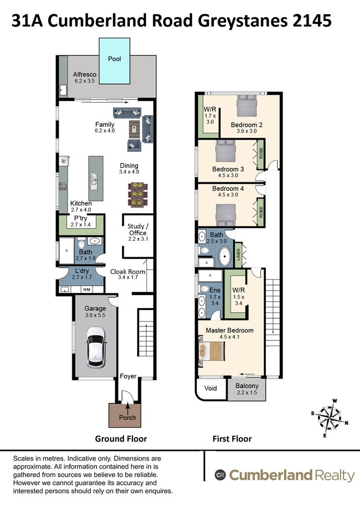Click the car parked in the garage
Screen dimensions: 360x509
[x=95, y=347]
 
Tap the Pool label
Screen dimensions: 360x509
[x=114, y=59]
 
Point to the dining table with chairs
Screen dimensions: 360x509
[x=138, y=195]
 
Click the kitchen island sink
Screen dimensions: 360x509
[x=94, y=180]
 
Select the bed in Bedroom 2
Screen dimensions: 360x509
[x=247, y=105]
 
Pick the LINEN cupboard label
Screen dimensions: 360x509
[x=238, y=255]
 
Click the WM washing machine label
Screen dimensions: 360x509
[x=87, y=289]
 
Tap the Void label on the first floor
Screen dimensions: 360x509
[x=210, y=388]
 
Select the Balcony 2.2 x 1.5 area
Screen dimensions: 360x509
[x=247, y=389]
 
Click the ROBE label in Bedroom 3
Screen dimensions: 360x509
[x=261, y=154]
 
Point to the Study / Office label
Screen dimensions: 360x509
[x=138, y=230]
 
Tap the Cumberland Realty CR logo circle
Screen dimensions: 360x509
[x=220, y=475]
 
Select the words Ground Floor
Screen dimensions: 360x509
[x=121, y=439]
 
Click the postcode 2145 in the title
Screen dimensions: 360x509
[x=312, y=21]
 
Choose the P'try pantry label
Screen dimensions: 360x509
[x=80, y=218]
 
